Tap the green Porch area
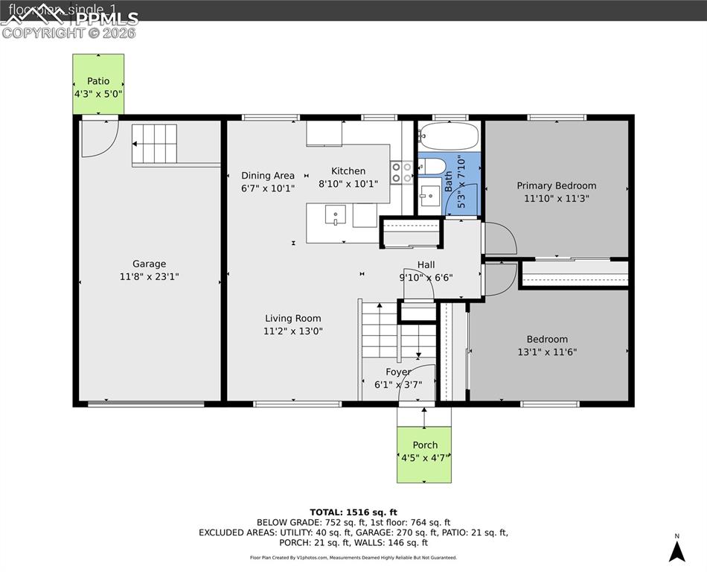(423, 454)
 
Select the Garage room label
(149, 264)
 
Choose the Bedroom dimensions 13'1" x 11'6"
(547, 352)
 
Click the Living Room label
(292, 318)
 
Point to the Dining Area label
(268, 176)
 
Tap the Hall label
(426, 264)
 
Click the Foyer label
(398, 372)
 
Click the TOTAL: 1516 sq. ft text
(353, 512)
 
